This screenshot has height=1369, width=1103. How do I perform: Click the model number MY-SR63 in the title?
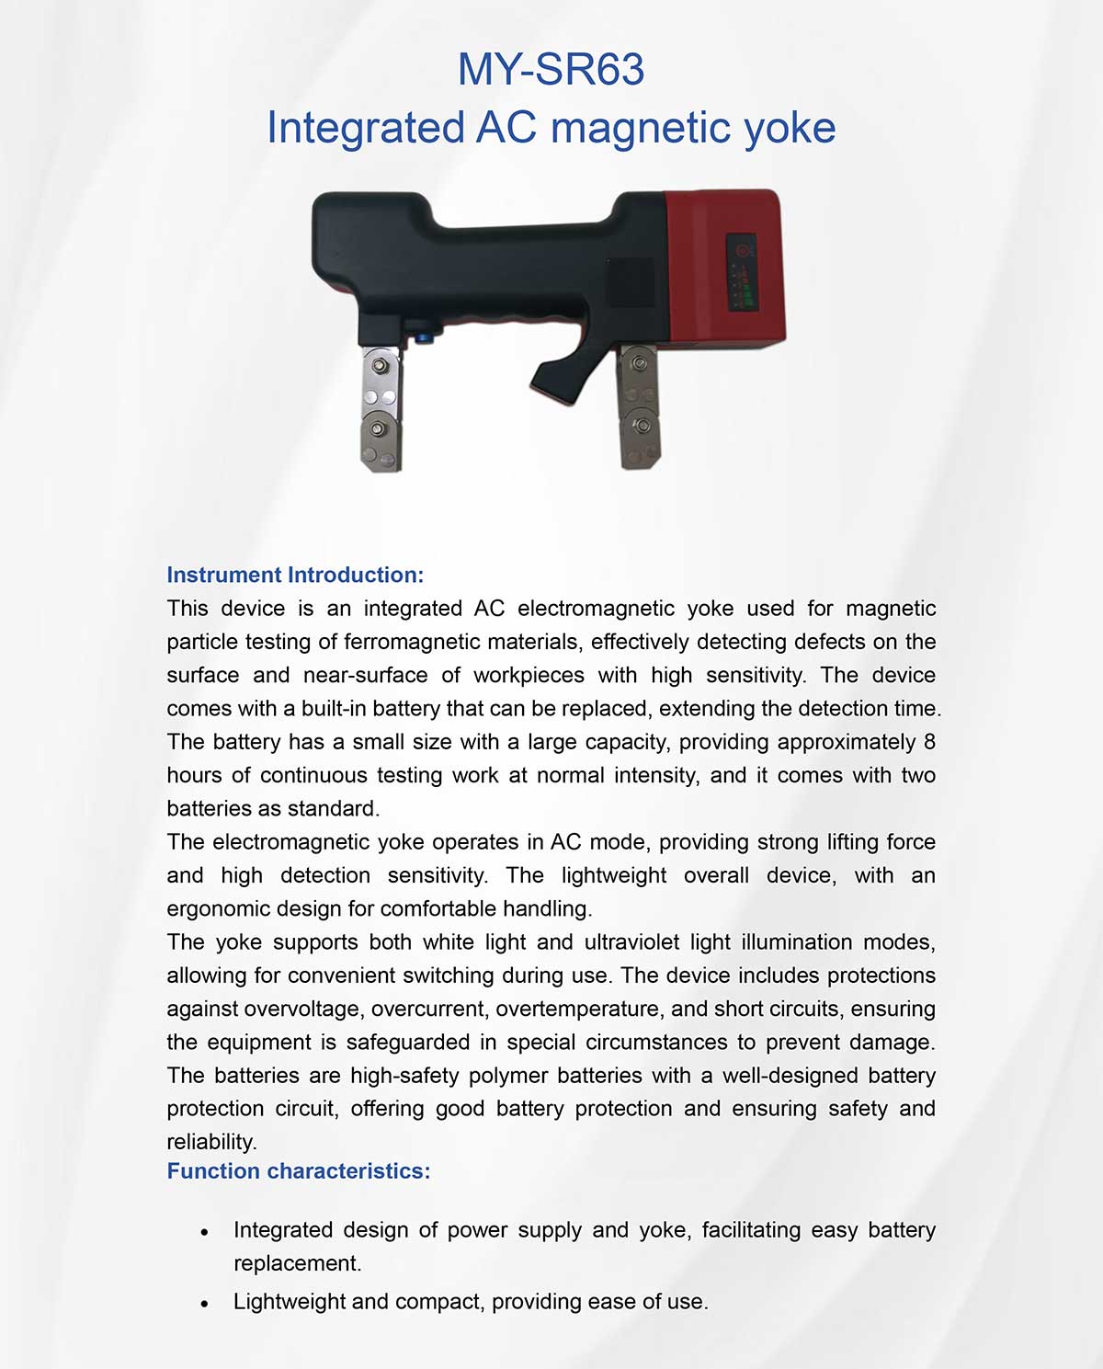(551, 70)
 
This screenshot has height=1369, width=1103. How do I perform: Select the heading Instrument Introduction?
(295, 576)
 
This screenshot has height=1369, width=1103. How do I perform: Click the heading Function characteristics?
(299, 1171)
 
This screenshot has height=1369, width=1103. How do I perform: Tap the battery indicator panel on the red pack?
(742, 273)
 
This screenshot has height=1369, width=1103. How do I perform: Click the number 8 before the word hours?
(929, 742)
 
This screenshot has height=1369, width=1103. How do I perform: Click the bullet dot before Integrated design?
(204, 1232)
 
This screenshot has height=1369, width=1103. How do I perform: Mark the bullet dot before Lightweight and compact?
(204, 1304)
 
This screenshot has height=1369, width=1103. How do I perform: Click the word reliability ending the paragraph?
(210, 1143)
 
